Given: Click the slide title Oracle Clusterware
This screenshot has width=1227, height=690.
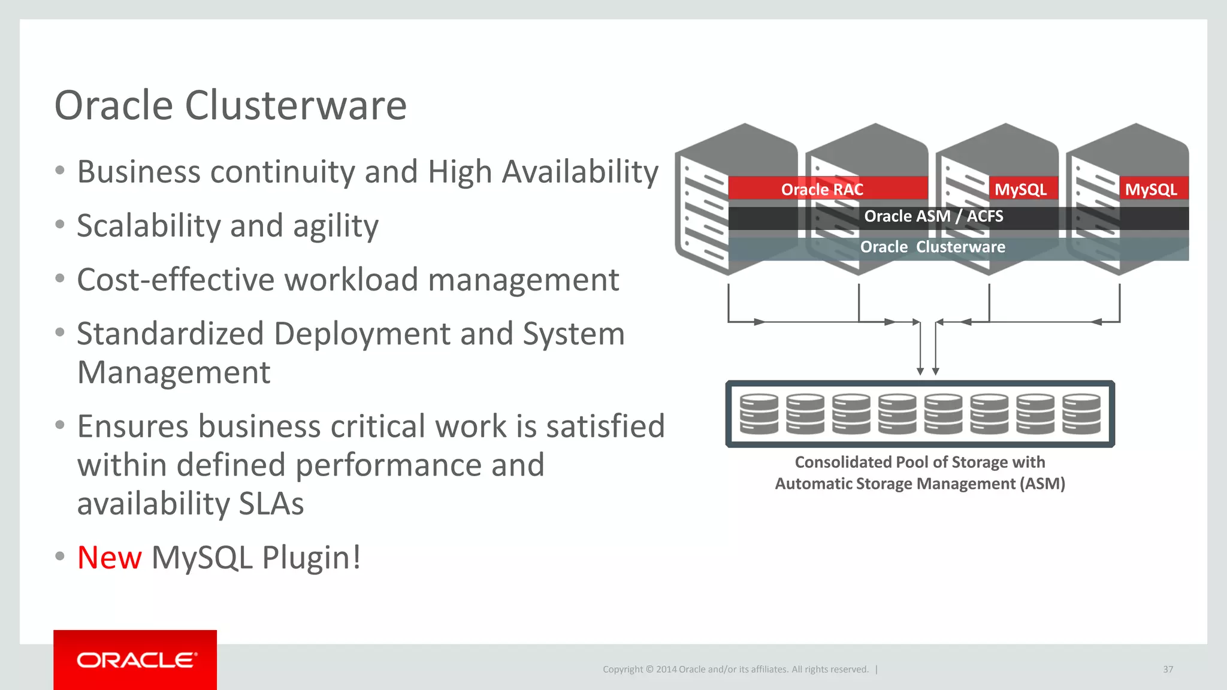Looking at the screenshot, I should pos(230,105).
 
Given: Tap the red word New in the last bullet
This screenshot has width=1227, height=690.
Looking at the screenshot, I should pos(110,558).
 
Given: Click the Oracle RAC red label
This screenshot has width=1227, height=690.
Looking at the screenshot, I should pos(822,189).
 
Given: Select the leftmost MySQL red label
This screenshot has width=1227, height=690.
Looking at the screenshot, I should pos(1020,189).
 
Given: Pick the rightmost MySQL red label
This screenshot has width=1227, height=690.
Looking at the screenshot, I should pos(1150,189).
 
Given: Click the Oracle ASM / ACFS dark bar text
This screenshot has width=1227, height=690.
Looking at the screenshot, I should pos(933,216).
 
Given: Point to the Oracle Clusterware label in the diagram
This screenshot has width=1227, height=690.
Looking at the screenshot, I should pos(932,247).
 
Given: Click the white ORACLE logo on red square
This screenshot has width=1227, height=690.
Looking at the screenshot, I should pos(135,660).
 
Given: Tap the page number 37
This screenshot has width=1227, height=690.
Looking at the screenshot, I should pos(1168,669).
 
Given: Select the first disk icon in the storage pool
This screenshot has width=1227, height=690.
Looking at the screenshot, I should pos(758,414).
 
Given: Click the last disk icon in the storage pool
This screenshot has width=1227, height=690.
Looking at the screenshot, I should pos(1081,414).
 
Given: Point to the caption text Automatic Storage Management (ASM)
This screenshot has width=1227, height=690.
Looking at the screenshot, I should pos(920,483).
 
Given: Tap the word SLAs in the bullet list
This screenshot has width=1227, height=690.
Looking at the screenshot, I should pos(271,504).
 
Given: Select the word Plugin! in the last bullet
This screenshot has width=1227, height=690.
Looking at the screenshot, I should pos(312,558).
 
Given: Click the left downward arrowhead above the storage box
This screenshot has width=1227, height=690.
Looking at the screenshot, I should pos(920,371).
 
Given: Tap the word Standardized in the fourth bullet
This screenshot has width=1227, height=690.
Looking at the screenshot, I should pos(170,334).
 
